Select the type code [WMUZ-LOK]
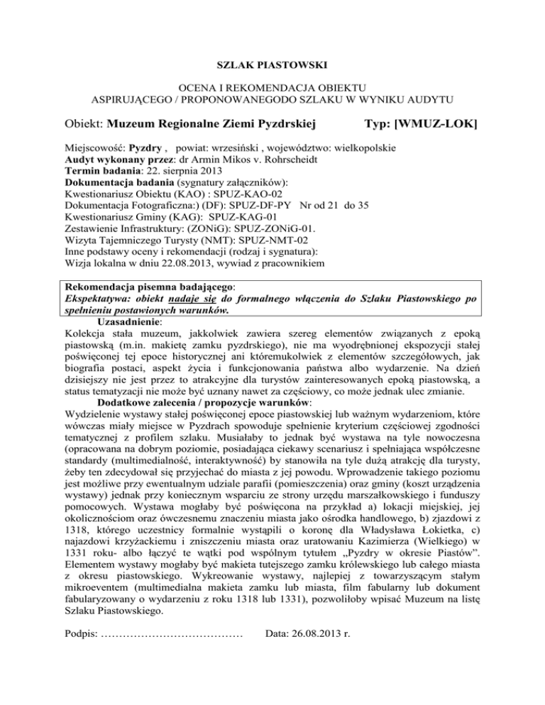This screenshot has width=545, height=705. pos(428,126)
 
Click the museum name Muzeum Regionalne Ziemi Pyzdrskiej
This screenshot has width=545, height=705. pos(211,126)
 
